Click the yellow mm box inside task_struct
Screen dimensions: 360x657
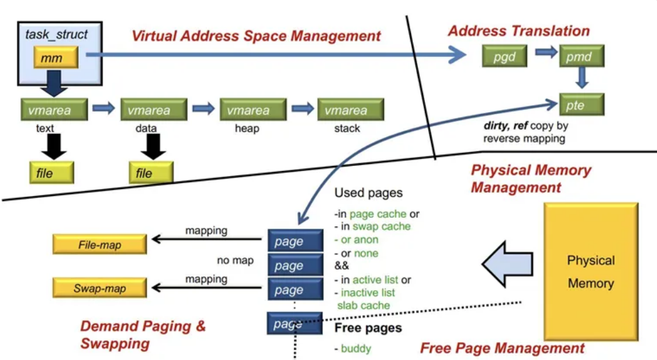coord(56,58)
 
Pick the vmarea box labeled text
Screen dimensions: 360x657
coord(46,110)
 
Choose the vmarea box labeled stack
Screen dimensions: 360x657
coord(350,110)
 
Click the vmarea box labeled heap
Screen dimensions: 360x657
coord(252,110)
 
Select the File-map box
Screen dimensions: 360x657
coord(99,244)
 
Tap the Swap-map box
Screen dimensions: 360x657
coord(99,288)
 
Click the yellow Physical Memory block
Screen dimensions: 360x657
coord(590,272)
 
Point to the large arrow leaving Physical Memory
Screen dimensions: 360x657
coord(504,263)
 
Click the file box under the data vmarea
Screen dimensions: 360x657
coord(151,173)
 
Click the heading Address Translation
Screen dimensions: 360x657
coord(518,31)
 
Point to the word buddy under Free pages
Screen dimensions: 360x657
coord(356,348)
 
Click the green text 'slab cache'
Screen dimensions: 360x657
coord(363,306)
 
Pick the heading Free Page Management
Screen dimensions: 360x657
coord(502,348)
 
